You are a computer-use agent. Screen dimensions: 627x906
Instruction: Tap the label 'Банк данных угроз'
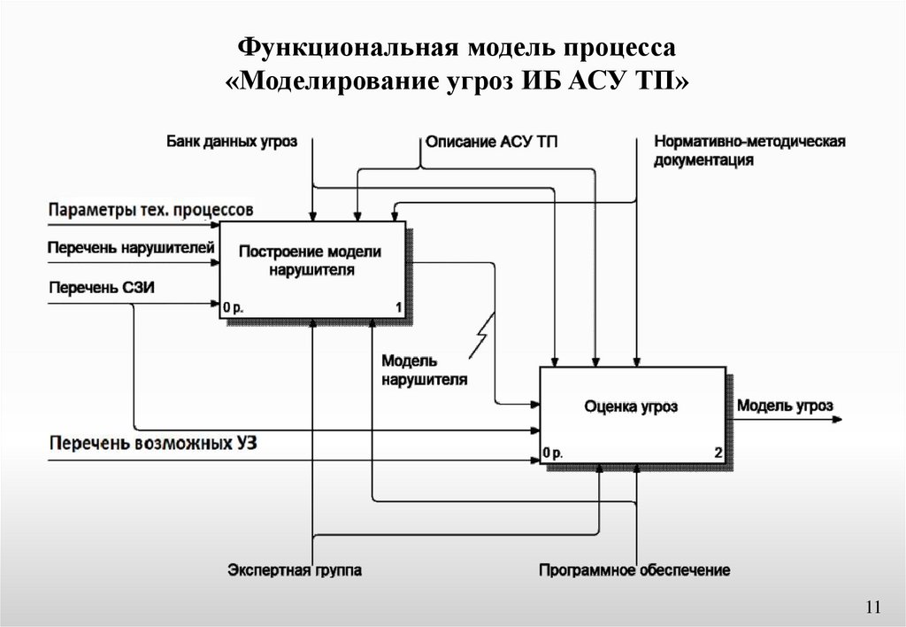click(x=232, y=140)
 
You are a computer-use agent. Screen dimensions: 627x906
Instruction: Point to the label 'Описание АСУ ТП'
click(x=492, y=141)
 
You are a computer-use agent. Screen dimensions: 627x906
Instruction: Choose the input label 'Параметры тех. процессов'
click(x=150, y=210)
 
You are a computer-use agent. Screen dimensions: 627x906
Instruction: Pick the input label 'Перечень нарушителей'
click(x=131, y=245)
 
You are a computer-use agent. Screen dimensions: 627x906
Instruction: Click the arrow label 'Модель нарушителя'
click(x=424, y=370)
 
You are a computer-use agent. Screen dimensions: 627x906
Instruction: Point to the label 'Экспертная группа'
click(x=295, y=569)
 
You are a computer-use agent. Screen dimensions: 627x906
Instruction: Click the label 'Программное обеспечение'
click(x=634, y=569)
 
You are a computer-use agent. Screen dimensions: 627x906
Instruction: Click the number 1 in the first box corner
click(x=399, y=307)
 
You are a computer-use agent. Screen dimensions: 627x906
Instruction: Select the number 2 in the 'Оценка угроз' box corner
click(x=718, y=453)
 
